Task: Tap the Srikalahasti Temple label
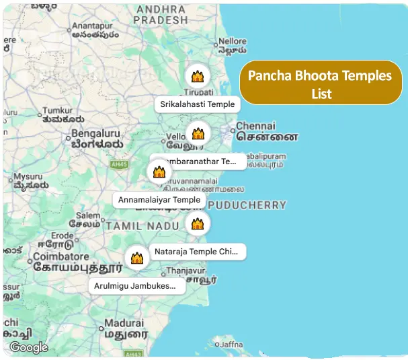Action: tap(198, 104)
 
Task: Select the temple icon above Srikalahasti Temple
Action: tap(198, 76)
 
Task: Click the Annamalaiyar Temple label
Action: tap(159, 200)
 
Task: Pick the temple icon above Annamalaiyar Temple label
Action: tap(159, 172)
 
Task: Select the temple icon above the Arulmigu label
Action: tap(137, 258)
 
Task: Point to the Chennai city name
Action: tap(255, 126)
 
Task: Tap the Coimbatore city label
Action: tap(61, 256)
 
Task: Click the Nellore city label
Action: tap(233, 41)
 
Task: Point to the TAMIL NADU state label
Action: tap(142, 226)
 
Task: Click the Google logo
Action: tap(29, 347)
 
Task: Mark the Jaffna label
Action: tap(231, 344)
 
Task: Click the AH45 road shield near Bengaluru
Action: tap(119, 164)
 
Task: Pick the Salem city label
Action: tap(87, 215)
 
